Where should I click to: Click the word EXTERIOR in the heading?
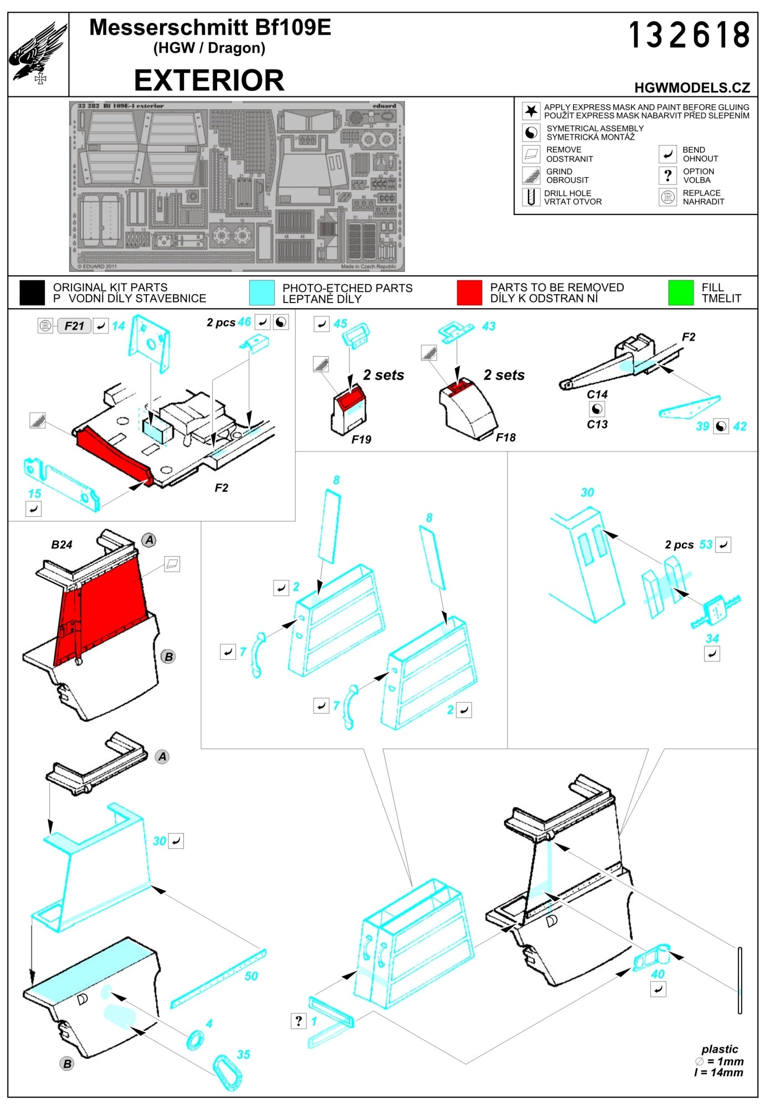(x=209, y=80)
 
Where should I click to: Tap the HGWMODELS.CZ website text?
(x=692, y=88)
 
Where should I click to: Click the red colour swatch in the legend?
(x=469, y=293)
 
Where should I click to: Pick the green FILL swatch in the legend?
(x=680, y=293)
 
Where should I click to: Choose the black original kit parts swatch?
(x=32, y=293)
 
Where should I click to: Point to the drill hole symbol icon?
(x=531, y=197)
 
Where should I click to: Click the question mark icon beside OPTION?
(x=668, y=176)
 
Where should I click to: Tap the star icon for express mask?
(x=531, y=111)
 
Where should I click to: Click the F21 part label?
(x=74, y=326)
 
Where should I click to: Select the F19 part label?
(x=361, y=439)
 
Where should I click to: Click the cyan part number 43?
(x=488, y=326)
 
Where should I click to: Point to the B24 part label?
(x=61, y=545)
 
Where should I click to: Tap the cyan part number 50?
(x=251, y=976)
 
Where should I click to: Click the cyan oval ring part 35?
(x=227, y=1073)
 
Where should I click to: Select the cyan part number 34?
(x=712, y=638)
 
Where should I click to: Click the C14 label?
(x=597, y=394)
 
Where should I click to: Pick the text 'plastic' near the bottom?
(x=719, y=1049)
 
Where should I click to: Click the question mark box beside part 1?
(x=298, y=1021)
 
